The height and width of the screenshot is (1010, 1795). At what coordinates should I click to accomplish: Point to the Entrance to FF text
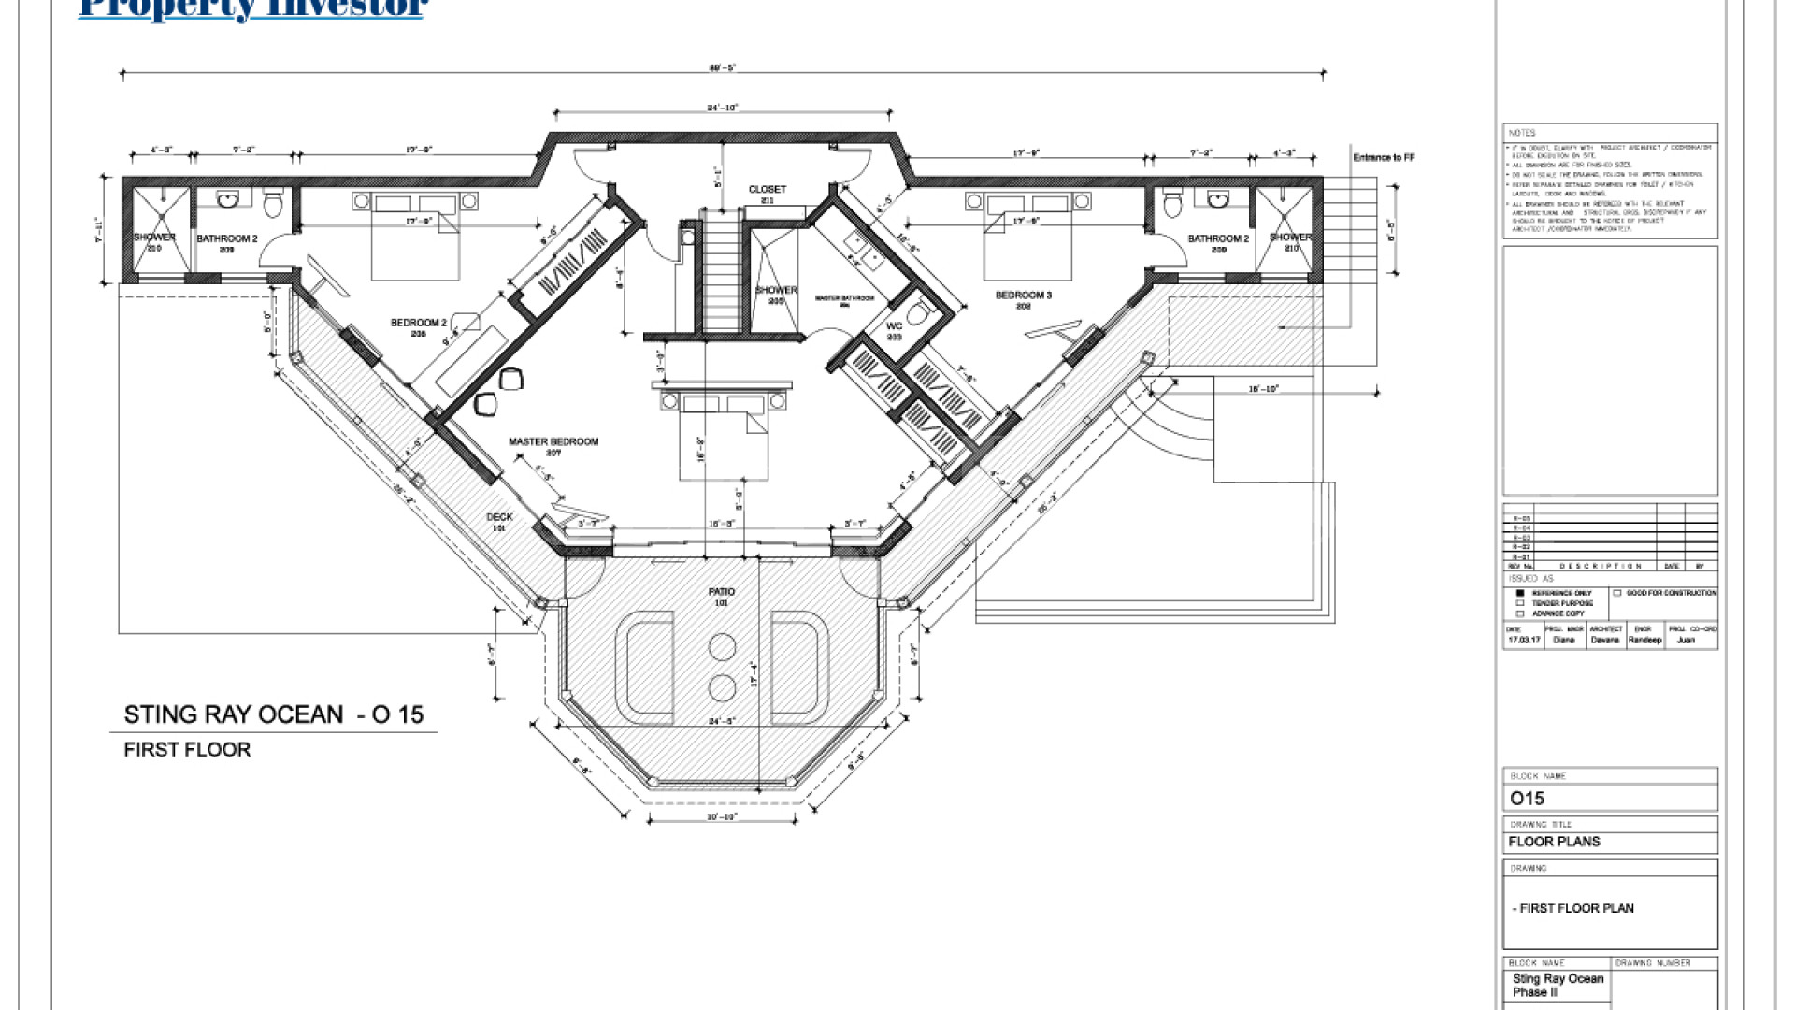[1384, 157]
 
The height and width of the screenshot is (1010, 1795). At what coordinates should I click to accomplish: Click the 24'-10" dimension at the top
[723, 108]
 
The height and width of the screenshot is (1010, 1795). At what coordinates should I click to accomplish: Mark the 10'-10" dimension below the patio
[722, 816]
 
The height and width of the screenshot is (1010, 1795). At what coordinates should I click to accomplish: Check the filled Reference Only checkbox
[1520, 593]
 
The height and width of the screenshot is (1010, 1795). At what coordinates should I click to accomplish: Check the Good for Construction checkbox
[1617, 593]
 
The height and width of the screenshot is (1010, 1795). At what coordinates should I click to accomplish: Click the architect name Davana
[1605, 641]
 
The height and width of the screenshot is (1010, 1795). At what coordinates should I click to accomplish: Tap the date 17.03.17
[1524, 641]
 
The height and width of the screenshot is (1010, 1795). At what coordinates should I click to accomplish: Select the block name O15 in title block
[1528, 799]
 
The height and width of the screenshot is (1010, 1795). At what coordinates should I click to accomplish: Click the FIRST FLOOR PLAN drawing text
[1573, 908]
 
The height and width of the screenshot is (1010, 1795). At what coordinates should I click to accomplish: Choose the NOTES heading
[1522, 133]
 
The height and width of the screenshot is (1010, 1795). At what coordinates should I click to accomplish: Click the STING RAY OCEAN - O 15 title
[274, 715]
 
